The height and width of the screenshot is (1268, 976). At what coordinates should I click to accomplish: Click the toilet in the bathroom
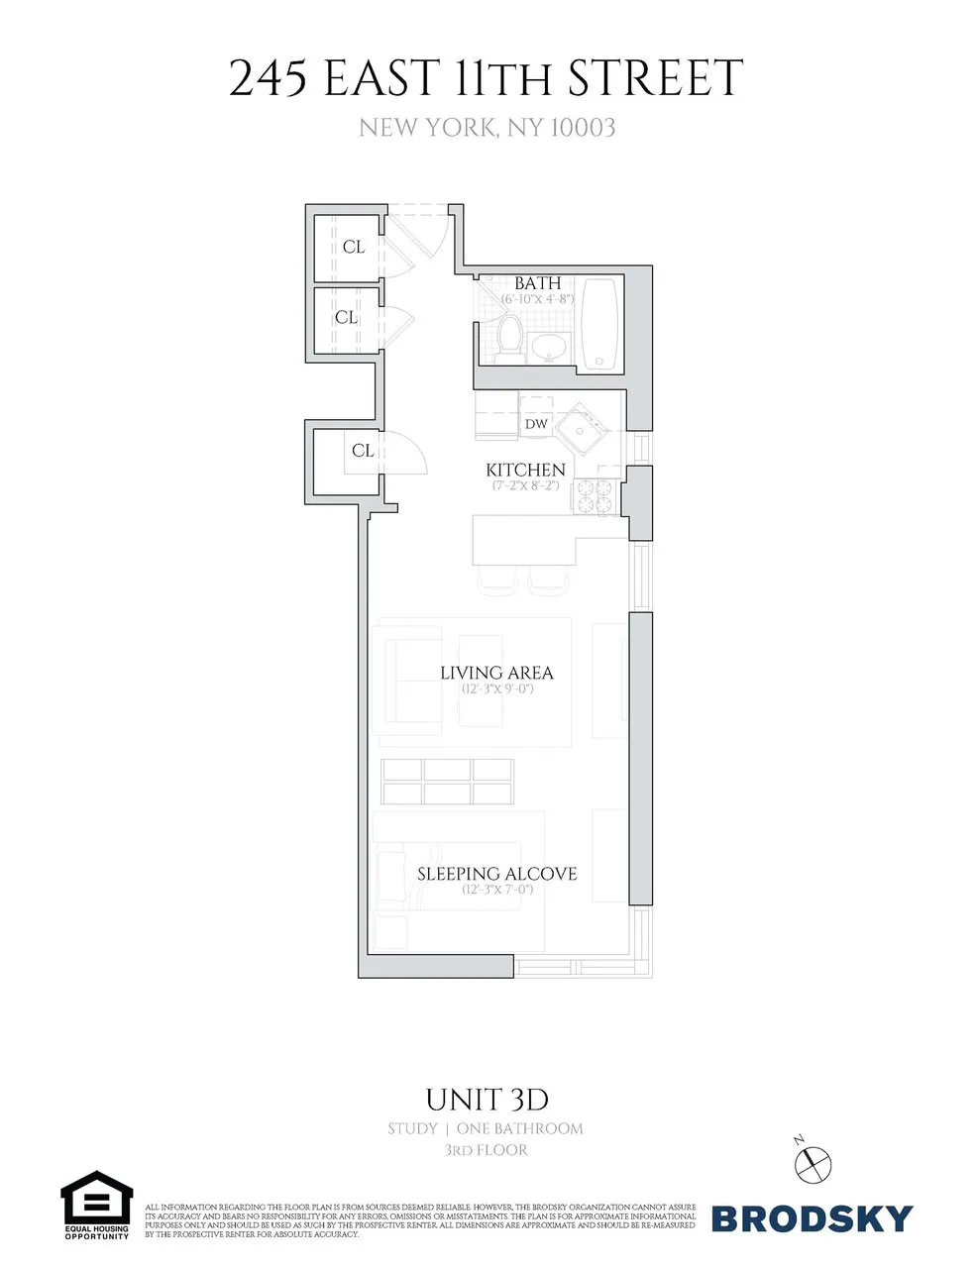pyautogui.click(x=510, y=335)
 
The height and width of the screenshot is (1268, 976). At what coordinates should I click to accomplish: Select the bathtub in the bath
pyautogui.click(x=599, y=324)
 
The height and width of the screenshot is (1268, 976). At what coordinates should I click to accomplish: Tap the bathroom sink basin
pyautogui.click(x=548, y=347)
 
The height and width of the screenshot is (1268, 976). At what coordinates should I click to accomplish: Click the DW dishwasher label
pyautogui.click(x=536, y=424)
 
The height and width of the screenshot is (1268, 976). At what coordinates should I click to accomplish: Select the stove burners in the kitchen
pyautogui.click(x=595, y=494)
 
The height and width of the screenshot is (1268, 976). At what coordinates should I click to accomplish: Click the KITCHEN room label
pyautogui.click(x=525, y=470)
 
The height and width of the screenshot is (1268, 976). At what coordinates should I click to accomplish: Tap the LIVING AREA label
pyautogui.click(x=496, y=673)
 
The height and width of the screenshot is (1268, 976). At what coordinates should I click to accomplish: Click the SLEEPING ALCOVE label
pyautogui.click(x=496, y=874)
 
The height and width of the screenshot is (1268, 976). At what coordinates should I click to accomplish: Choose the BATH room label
pyautogui.click(x=537, y=283)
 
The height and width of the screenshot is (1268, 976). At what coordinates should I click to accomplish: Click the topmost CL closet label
pyautogui.click(x=354, y=247)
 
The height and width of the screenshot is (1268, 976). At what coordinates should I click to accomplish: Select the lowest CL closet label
pyautogui.click(x=363, y=450)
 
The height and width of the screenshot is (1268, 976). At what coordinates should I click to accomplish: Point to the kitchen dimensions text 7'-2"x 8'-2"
pyautogui.click(x=526, y=485)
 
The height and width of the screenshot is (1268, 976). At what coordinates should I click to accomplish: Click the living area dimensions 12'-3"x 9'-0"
pyautogui.click(x=497, y=688)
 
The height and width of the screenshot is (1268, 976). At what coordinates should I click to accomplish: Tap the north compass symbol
pyautogui.click(x=814, y=1160)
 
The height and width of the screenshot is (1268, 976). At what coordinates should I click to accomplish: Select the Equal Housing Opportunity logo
pyautogui.click(x=96, y=1205)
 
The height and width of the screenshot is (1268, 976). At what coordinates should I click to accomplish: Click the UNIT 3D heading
pyautogui.click(x=487, y=1100)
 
